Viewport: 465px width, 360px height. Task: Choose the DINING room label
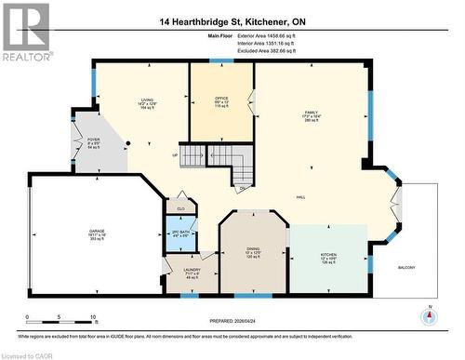point(254,248)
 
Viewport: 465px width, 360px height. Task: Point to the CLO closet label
point(180,207)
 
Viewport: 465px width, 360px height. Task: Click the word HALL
point(301,198)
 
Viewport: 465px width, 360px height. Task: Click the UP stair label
point(174,154)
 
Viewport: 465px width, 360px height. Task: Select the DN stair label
point(242,189)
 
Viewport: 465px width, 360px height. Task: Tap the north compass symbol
point(429,317)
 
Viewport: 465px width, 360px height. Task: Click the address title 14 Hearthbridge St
point(232,20)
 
